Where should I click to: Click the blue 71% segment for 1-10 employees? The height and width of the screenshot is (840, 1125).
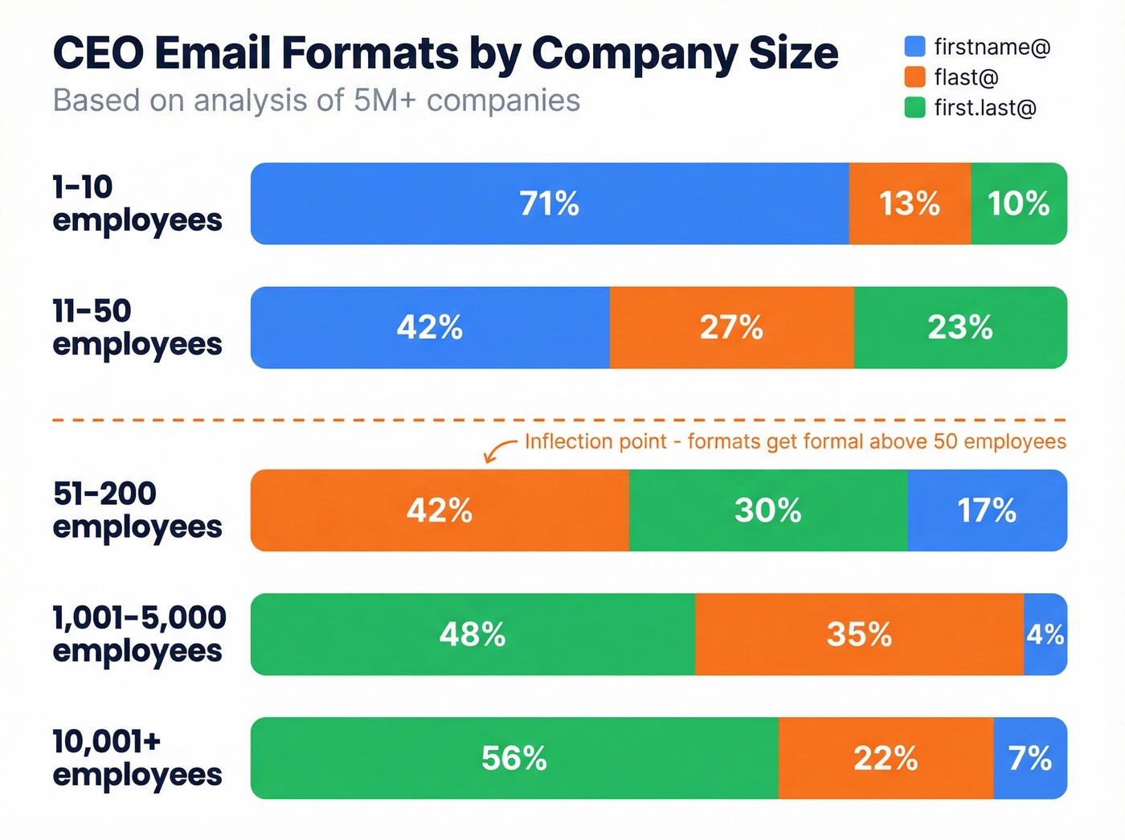coord(550,203)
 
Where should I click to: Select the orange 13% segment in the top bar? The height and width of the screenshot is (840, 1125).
coord(910,203)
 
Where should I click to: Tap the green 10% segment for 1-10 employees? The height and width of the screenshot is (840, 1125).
coord(1018,203)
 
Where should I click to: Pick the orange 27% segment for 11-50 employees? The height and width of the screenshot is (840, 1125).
coord(731,327)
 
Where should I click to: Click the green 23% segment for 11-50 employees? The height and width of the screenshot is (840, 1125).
coord(960,327)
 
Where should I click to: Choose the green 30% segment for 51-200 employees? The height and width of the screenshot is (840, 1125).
coord(768,510)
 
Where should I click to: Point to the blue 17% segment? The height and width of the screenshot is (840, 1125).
coord(987,510)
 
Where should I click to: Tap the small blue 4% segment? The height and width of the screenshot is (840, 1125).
coord(1045,634)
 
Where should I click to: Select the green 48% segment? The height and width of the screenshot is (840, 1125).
coord(472,634)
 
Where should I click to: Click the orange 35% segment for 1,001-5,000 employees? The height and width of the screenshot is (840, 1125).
coord(859,634)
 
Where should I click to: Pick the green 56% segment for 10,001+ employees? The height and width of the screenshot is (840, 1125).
coord(514,758)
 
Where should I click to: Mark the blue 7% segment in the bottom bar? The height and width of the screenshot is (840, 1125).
coord(1030,758)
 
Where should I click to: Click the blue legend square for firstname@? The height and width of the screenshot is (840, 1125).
coord(914,47)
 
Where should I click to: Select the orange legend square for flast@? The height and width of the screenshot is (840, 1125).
coord(914,77)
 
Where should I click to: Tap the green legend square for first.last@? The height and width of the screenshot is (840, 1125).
coord(914,108)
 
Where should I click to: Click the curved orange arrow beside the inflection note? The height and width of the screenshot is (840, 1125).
coord(499,450)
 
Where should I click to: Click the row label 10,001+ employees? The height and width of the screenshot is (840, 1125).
coord(137,758)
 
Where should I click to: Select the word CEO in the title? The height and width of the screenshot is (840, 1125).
coord(98,53)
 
